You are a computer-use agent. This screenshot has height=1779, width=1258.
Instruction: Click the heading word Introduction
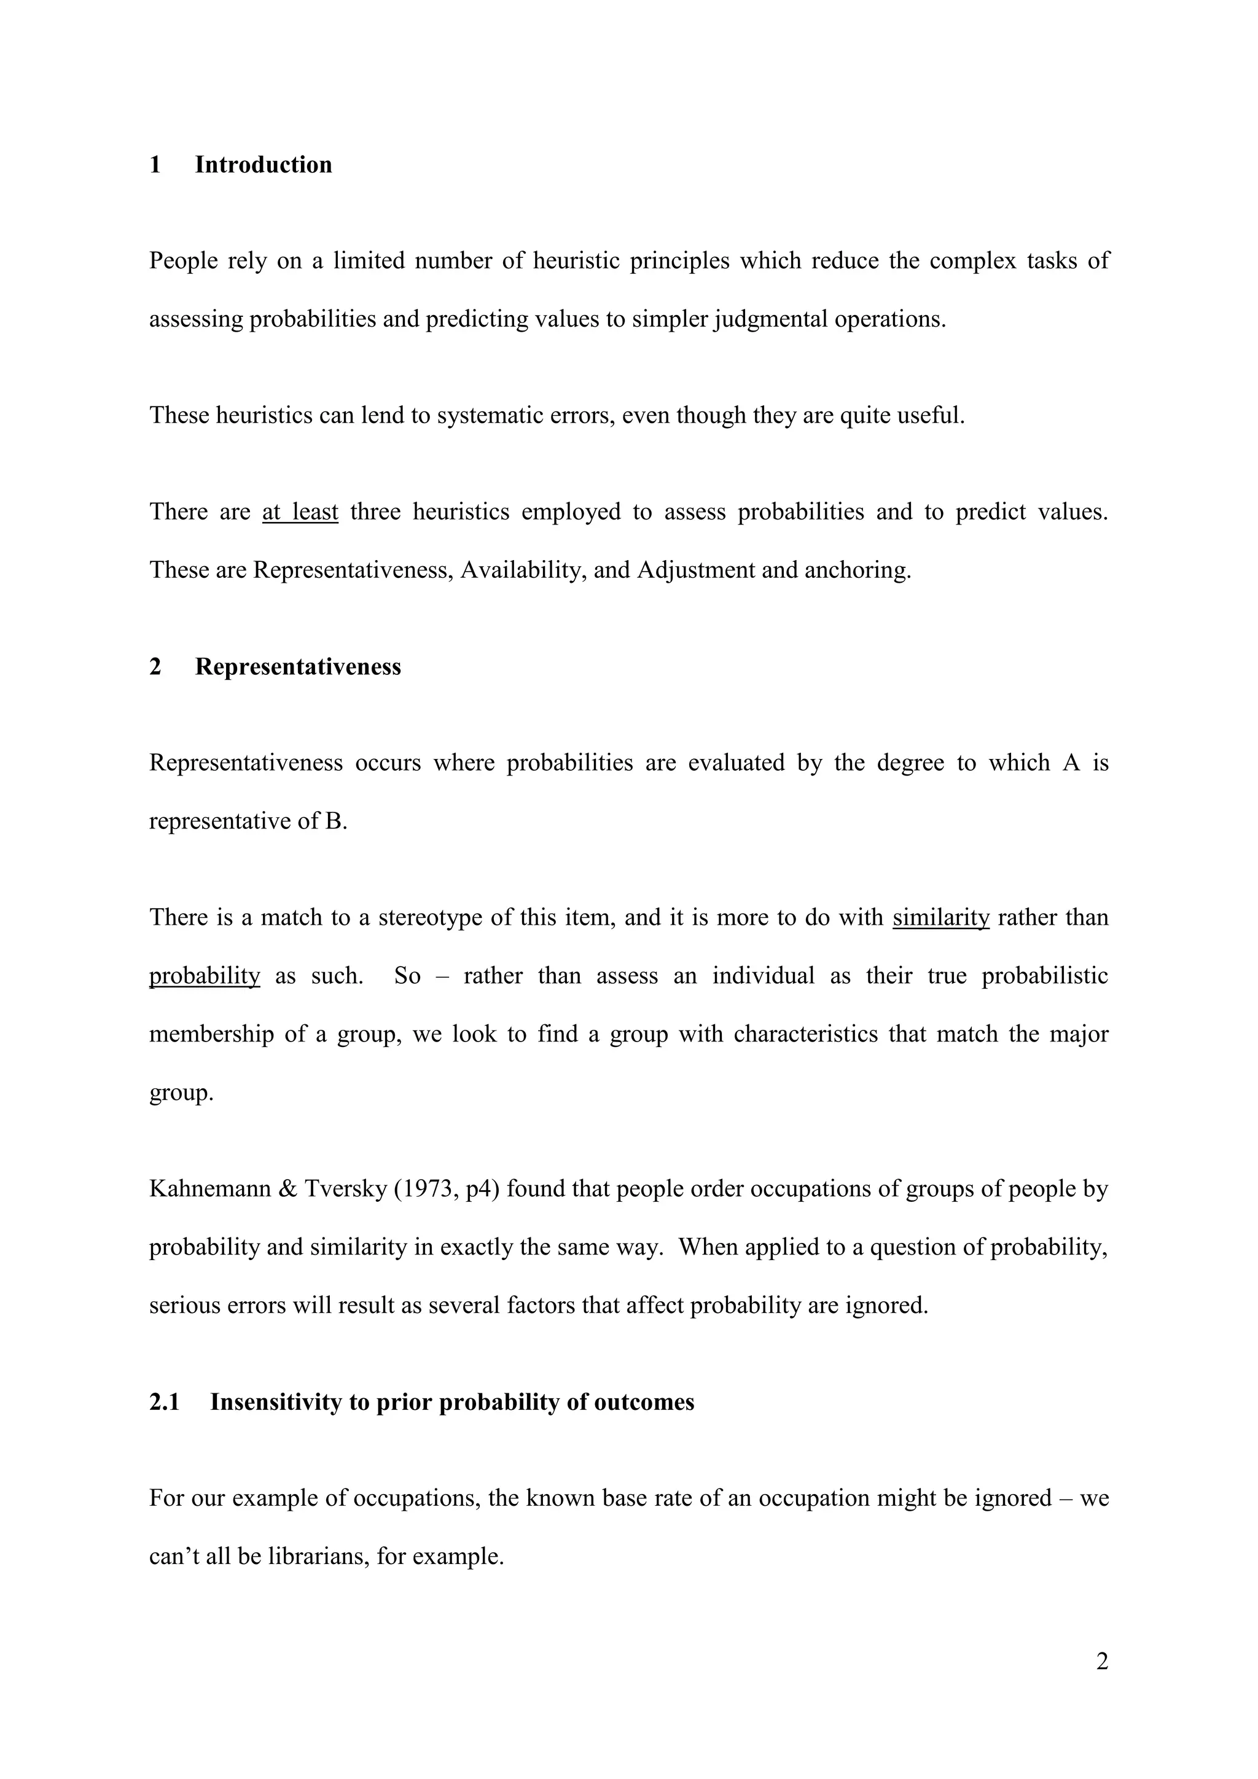(263, 165)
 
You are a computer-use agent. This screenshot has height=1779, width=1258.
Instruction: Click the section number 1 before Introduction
(155, 165)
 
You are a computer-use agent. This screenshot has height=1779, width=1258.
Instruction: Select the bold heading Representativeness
(298, 667)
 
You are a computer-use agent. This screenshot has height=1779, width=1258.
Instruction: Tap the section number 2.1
(165, 1403)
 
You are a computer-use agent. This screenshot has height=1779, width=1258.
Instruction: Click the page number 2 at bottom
(1102, 1662)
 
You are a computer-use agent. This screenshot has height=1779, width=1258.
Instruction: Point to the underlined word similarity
(941, 918)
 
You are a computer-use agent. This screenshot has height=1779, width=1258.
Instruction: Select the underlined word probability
(205, 976)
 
